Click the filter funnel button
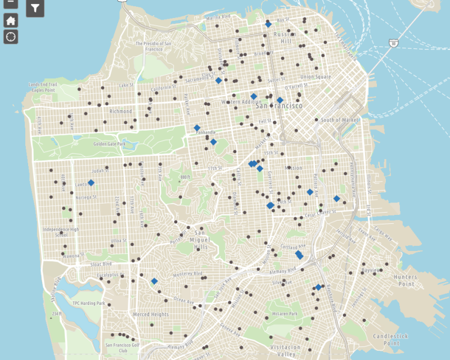pos(35,8)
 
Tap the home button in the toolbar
pos(11,21)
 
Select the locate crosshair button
pos(11,37)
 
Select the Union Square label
pos(315,76)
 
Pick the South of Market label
pos(340,120)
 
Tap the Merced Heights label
pos(150,314)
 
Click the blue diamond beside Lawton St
pos(91,183)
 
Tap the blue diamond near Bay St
pos(268,24)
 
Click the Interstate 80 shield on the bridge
pos(393,42)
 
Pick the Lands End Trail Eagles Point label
pos(42,87)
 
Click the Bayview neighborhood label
pos(370,271)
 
